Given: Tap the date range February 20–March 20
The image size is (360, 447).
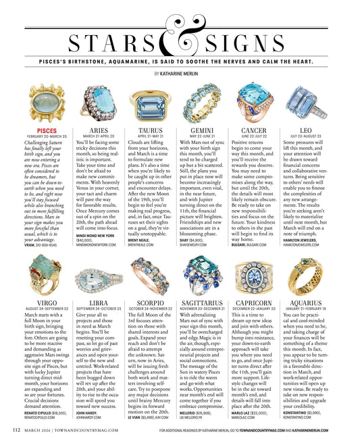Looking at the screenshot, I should click(47, 136).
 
